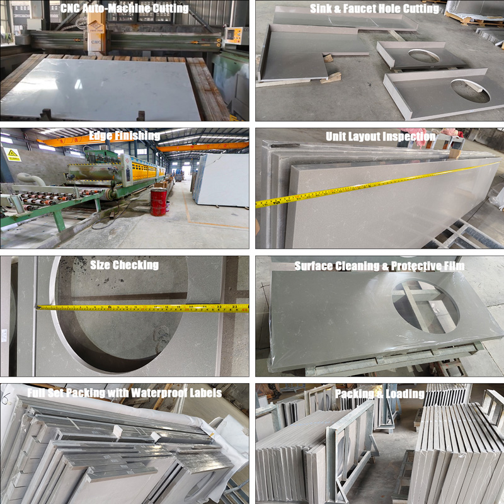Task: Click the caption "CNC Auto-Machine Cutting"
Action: click(124, 8)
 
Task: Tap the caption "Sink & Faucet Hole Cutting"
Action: click(374, 9)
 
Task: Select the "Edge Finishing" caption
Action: click(124, 136)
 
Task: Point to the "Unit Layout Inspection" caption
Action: click(381, 137)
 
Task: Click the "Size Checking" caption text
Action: click(124, 265)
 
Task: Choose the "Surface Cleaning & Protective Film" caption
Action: click(380, 266)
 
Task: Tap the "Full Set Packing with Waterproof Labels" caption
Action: click(124, 392)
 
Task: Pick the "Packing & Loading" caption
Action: click(380, 394)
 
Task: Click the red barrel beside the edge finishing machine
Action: click(159, 202)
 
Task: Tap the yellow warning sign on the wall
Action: click(12, 154)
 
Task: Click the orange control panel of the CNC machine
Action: click(234, 36)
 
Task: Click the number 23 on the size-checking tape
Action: click(234, 307)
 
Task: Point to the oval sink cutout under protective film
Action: click(425, 306)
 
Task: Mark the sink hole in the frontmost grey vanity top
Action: click(470, 91)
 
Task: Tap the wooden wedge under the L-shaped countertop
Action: click(331, 77)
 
